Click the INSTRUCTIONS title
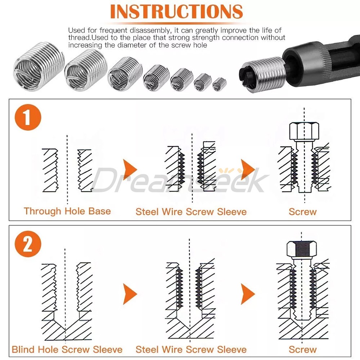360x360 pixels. pos(176,12)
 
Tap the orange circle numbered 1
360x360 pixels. pos(28,117)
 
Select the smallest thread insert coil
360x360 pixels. pos(219,84)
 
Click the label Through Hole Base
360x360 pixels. pos(67,211)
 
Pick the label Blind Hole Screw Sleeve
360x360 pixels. pos(67,349)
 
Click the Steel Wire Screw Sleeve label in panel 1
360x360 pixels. pos(191,211)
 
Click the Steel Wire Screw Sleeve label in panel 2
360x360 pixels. pos(191,349)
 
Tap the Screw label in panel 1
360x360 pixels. pos(302,211)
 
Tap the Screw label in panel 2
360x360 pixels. pos(302,349)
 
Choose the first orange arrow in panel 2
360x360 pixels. pos(130,294)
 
